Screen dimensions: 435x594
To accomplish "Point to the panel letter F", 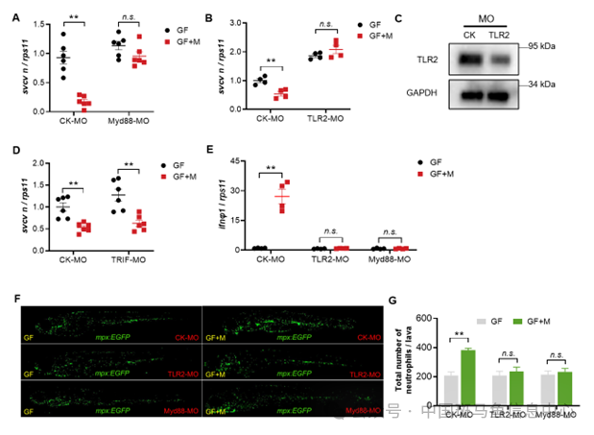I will coord(15,299).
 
